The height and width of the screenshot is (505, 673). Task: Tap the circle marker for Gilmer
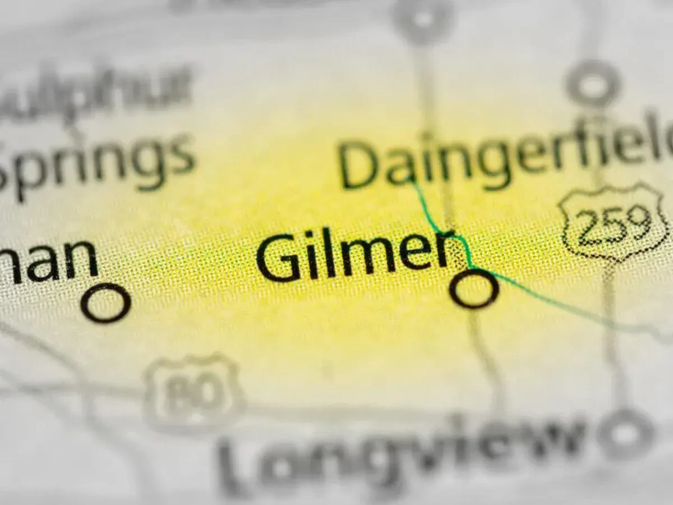point(474,288)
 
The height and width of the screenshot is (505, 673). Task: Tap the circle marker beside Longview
point(625,435)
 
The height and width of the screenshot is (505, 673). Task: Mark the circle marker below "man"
point(105,303)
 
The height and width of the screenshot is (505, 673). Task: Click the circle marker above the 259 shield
point(592,85)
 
